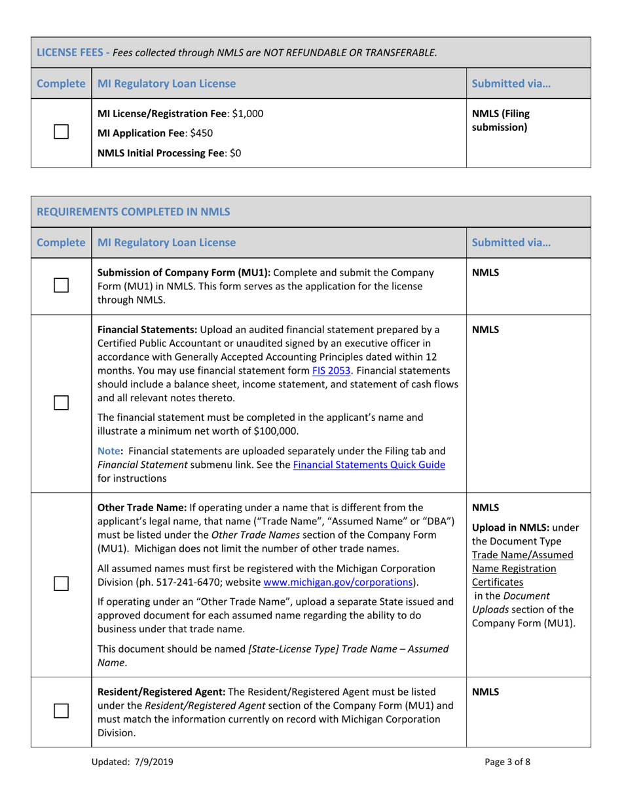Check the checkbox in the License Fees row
pyautogui.click(x=61, y=134)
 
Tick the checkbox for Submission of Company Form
pyautogui.click(x=61, y=286)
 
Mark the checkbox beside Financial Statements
pyautogui.click(x=61, y=404)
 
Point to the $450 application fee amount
pyautogui.click(x=200, y=134)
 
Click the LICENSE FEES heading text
pyautogui.click(x=67, y=52)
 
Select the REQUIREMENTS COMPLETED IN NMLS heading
pyautogui.click(x=133, y=211)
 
